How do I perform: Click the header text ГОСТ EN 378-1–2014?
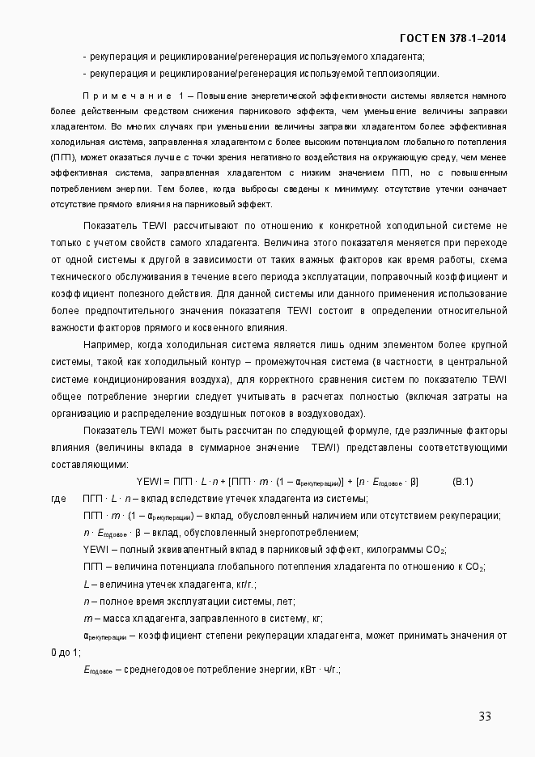point(452,38)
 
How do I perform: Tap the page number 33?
point(485,716)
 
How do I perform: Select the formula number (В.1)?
point(463,482)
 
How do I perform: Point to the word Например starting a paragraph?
point(108,343)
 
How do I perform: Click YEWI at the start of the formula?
point(150,482)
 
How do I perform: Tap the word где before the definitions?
point(58,498)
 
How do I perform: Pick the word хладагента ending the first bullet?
point(398,57)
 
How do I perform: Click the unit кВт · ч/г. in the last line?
point(321,670)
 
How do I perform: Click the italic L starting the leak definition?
point(86,584)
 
